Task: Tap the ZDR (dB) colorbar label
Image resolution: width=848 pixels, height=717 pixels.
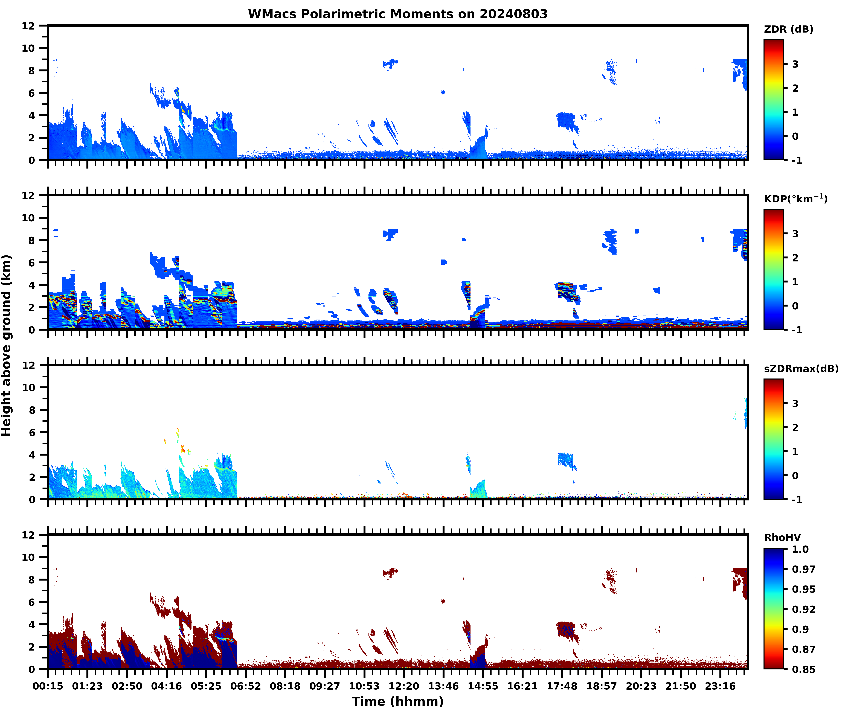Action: [788, 29]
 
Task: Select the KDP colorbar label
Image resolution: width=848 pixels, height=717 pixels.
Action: [795, 199]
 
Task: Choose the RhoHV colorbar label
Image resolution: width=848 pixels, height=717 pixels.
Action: [782, 537]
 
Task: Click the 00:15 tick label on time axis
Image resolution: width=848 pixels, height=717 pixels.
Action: [48, 686]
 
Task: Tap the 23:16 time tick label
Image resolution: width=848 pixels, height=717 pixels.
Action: [720, 686]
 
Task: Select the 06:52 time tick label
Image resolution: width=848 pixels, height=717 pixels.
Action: [246, 686]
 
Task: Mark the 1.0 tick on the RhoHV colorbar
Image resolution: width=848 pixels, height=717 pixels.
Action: [800, 549]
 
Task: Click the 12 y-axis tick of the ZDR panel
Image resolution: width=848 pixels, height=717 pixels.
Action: [28, 26]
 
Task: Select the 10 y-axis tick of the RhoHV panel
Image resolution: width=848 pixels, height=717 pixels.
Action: [28, 557]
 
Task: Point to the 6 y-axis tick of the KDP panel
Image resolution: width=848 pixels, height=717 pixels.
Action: [31, 263]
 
